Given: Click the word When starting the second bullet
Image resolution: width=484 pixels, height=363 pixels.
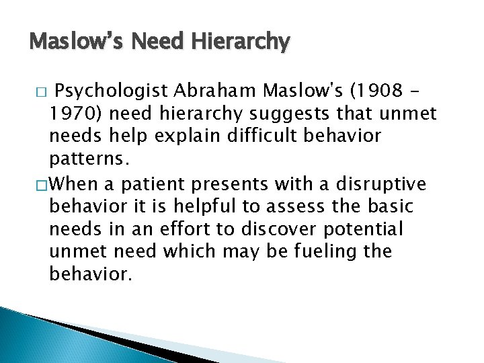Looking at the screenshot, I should click(73, 183).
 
